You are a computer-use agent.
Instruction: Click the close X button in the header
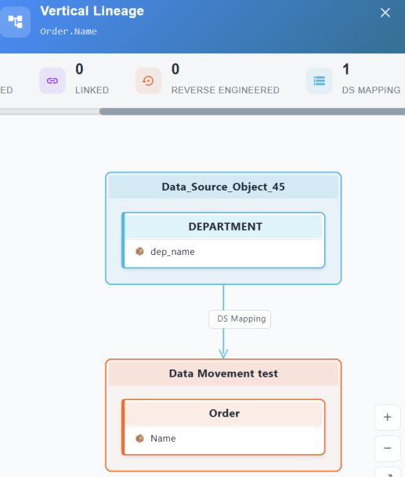coord(385,13)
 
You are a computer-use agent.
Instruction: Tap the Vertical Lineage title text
coord(92,11)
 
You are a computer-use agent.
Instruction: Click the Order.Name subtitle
coord(68,31)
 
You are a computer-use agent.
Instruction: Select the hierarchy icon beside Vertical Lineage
coord(15,22)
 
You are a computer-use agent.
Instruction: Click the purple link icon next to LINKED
coord(52,81)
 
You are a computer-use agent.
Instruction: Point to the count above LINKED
coord(79,69)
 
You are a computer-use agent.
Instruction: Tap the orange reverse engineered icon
coord(148,81)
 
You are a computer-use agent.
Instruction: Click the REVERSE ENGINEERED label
coord(225,90)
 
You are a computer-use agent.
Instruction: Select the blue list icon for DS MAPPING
coord(320,81)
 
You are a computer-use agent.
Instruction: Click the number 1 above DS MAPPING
coord(345,69)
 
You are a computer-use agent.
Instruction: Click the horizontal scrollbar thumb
coord(252,111)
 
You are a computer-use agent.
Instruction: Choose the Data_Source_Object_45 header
coord(223,187)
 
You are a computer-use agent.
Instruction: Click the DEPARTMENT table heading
coord(225,227)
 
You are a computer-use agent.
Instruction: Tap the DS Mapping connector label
coord(240,319)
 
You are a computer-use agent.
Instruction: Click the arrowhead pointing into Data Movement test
coord(223,354)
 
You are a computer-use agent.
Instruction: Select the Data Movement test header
coord(223,373)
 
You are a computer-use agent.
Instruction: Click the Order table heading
coord(224,413)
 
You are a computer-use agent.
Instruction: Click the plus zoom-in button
coord(388,417)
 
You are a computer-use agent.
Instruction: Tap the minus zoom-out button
coord(388,449)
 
